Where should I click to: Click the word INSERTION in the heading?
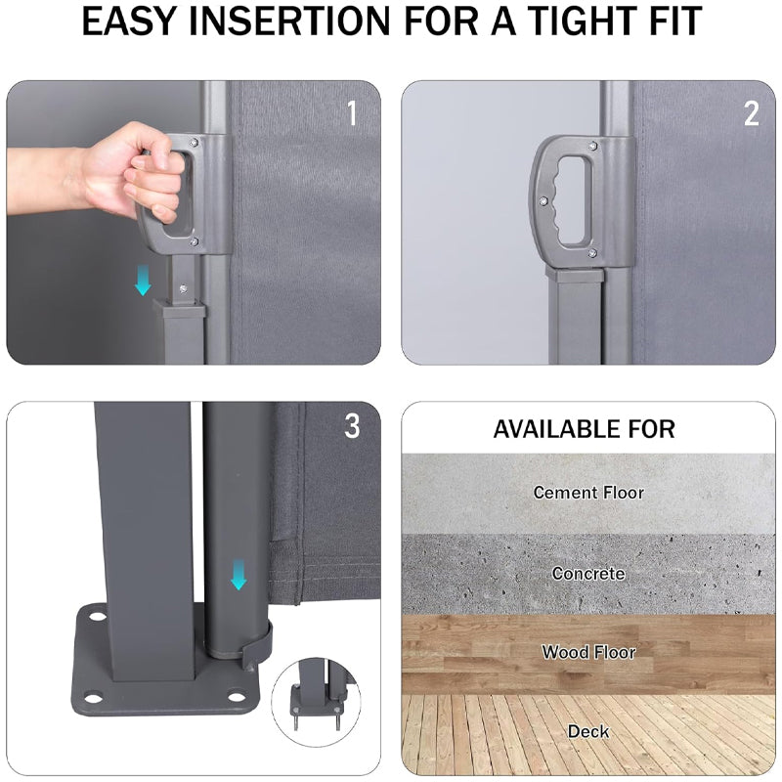pos(290,21)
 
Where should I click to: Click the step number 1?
pos(352,113)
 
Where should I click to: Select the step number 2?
pos(751,113)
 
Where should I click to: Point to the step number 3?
pos(352,426)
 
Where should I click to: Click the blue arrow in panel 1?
pos(143,280)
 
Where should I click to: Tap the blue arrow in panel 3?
pos(239,575)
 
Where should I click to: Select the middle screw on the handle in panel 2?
pos(543,200)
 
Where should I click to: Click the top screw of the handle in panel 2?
pos(592,146)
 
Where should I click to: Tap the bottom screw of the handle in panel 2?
pos(592,253)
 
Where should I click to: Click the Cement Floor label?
pos(588,493)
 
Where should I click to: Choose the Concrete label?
pos(588,574)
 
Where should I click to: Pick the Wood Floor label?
pos(588,652)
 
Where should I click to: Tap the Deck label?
pos(588,731)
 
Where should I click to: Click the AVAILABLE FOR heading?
pos(584,429)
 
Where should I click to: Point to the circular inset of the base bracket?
pos(315,702)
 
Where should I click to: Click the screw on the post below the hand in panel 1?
pos(184,288)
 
